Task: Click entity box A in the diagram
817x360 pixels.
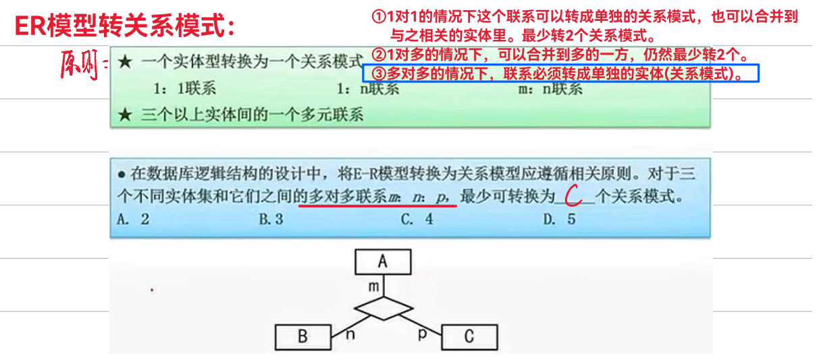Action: (382, 262)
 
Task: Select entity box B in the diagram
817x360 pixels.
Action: (302, 336)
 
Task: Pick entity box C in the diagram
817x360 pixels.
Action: (469, 336)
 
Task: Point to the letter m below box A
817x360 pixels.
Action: (373, 286)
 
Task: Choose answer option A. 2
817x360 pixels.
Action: (133, 220)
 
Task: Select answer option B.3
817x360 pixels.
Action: (271, 220)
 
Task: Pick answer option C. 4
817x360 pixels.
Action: (417, 220)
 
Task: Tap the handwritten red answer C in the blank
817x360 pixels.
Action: (573, 197)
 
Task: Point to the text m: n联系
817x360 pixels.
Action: (548, 88)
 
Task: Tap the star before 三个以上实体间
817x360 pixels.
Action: (124, 115)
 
